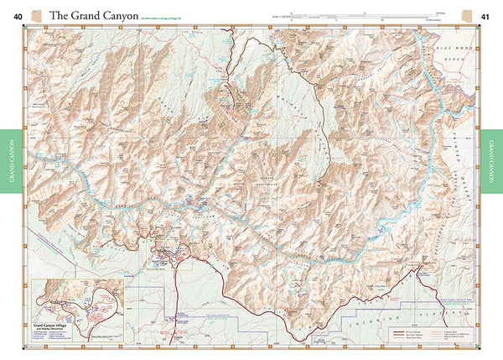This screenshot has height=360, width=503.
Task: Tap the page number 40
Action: pyautogui.click(x=18, y=15)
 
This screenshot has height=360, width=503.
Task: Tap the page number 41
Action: pyautogui.click(x=485, y=15)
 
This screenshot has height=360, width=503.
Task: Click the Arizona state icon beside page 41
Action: pyautogui.click(x=467, y=15)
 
